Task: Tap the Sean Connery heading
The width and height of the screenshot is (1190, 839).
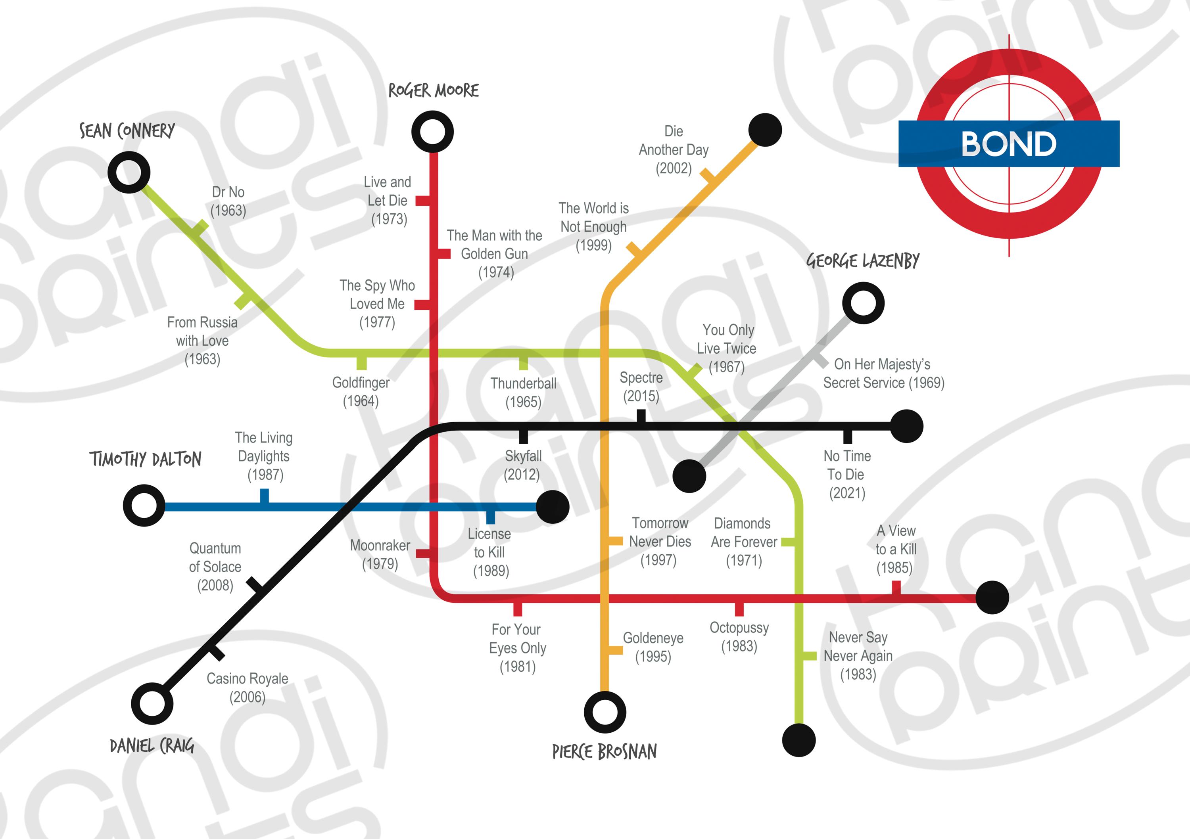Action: point(127,130)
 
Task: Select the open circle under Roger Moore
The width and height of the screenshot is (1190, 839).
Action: point(432,132)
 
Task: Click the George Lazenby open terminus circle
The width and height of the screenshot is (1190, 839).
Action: point(863,303)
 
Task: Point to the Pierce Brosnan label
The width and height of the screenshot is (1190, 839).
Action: point(605,751)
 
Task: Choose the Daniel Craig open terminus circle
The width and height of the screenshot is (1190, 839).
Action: point(152,703)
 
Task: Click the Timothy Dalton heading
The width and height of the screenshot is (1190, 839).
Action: point(145,459)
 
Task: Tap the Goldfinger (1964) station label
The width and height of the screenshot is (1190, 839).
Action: point(361,392)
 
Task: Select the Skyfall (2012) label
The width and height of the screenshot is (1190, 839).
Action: point(523,465)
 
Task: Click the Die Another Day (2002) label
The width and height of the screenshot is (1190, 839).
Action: point(673,150)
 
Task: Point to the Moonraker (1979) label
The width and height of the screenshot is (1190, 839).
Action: point(380,554)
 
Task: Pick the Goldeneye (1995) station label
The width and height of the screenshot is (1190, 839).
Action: point(653,647)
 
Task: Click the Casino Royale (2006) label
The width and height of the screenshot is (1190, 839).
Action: point(247,687)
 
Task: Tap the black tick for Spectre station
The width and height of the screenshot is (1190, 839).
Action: point(641,416)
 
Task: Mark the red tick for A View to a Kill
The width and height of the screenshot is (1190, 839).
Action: point(896,588)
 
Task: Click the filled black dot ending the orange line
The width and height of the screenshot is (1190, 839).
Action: point(765,130)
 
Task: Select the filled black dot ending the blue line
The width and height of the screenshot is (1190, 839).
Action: point(553,507)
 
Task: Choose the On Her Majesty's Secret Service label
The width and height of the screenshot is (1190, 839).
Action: point(883,373)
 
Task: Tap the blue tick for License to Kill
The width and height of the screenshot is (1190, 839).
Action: point(490,517)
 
